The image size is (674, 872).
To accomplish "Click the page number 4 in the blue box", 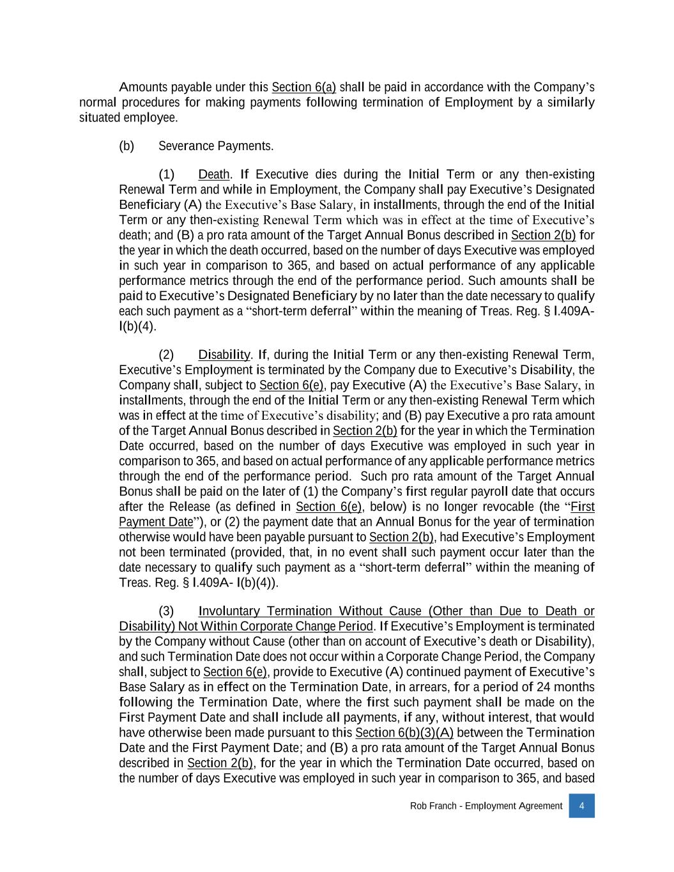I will pyautogui.click(x=581, y=806).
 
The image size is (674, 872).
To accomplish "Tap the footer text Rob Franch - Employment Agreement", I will pyautogui.click(x=486, y=806).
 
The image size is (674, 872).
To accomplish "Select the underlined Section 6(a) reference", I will pyautogui.click(x=303, y=88).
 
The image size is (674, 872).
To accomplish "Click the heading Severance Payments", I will pyautogui.click(x=216, y=146).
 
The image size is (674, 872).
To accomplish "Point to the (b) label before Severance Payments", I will pyautogui.click(x=126, y=146).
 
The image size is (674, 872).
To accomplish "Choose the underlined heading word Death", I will pyautogui.click(x=213, y=175).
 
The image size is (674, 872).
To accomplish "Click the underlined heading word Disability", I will pyautogui.click(x=224, y=355).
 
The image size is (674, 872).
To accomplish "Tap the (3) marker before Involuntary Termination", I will pyautogui.click(x=166, y=611).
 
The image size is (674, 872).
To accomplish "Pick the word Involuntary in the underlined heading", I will pyautogui.click(x=229, y=611).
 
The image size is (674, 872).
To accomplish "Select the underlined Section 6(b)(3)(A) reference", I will pyautogui.click(x=404, y=733).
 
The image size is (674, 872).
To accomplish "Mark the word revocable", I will pyautogui.click(x=505, y=507).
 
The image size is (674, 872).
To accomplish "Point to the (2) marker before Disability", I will pyautogui.click(x=166, y=355).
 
